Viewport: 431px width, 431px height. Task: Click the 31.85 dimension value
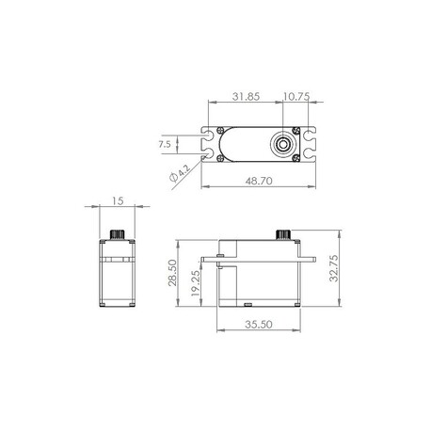click(246, 96)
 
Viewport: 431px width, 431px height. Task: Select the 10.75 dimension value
click(296, 96)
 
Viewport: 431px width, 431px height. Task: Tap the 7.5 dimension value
click(165, 144)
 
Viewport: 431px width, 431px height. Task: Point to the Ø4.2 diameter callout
click(180, 173)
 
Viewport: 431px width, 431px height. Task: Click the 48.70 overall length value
click(259, 181)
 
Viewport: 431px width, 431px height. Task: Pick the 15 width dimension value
click(118, 200)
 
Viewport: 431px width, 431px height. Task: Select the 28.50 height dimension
click(172, 273)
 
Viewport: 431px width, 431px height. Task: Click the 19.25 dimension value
click(195, 283)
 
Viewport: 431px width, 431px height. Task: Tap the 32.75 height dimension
click(334, 268)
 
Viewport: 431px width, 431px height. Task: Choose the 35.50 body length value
click(259, 325)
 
